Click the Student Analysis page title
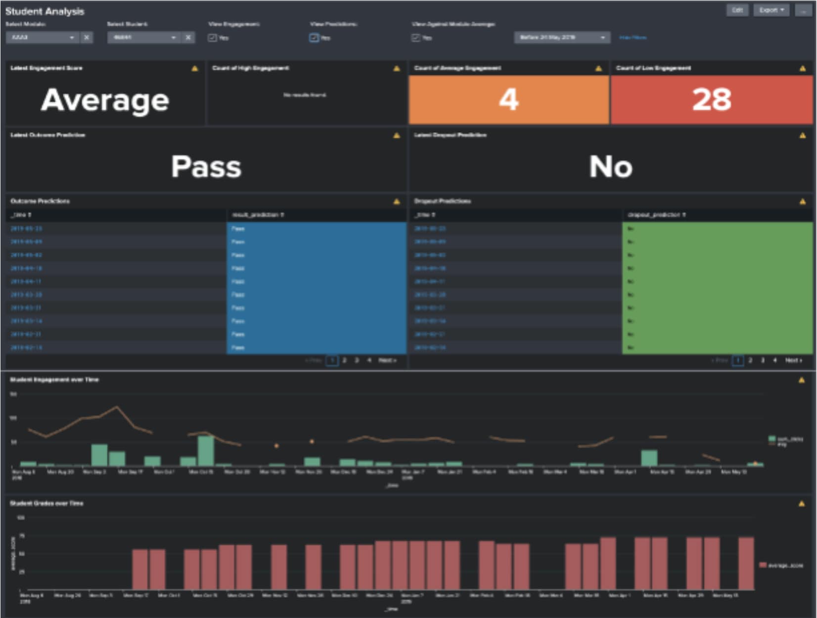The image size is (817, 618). [45, 11]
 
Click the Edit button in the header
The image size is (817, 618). [737, 10]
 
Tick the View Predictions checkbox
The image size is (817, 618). [314, 38]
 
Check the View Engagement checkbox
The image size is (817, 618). [212, 38]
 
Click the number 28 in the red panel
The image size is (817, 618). [711, 99]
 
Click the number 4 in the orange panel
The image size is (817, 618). [508, 99]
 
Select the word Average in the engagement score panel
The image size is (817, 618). [105, 100]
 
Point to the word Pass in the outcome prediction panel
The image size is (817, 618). [206, 167]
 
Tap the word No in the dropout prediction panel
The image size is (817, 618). [611, 167]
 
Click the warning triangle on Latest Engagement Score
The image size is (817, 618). [194, 69]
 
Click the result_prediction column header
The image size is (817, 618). [258, 215]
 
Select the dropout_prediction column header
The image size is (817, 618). [656, 215]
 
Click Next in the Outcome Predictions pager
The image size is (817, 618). [387, 360]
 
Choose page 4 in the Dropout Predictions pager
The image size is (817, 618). [775, 360]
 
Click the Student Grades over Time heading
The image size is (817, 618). [47, 503]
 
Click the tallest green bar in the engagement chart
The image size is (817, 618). [206, 450]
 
